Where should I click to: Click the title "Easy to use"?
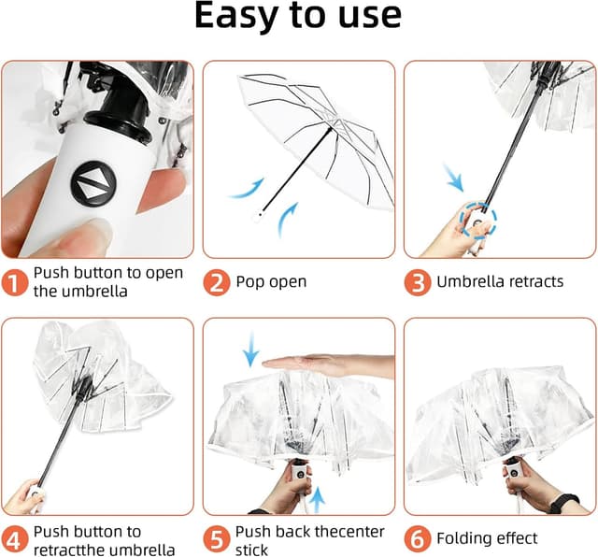[x=298, y=17]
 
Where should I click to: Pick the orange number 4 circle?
[x=14, y=539]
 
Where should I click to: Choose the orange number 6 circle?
[x=418, y=539]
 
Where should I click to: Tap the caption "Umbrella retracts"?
[x=500, y=281]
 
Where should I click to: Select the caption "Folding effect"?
[x=487, y=539]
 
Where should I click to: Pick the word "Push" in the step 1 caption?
[x=53, y=273]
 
